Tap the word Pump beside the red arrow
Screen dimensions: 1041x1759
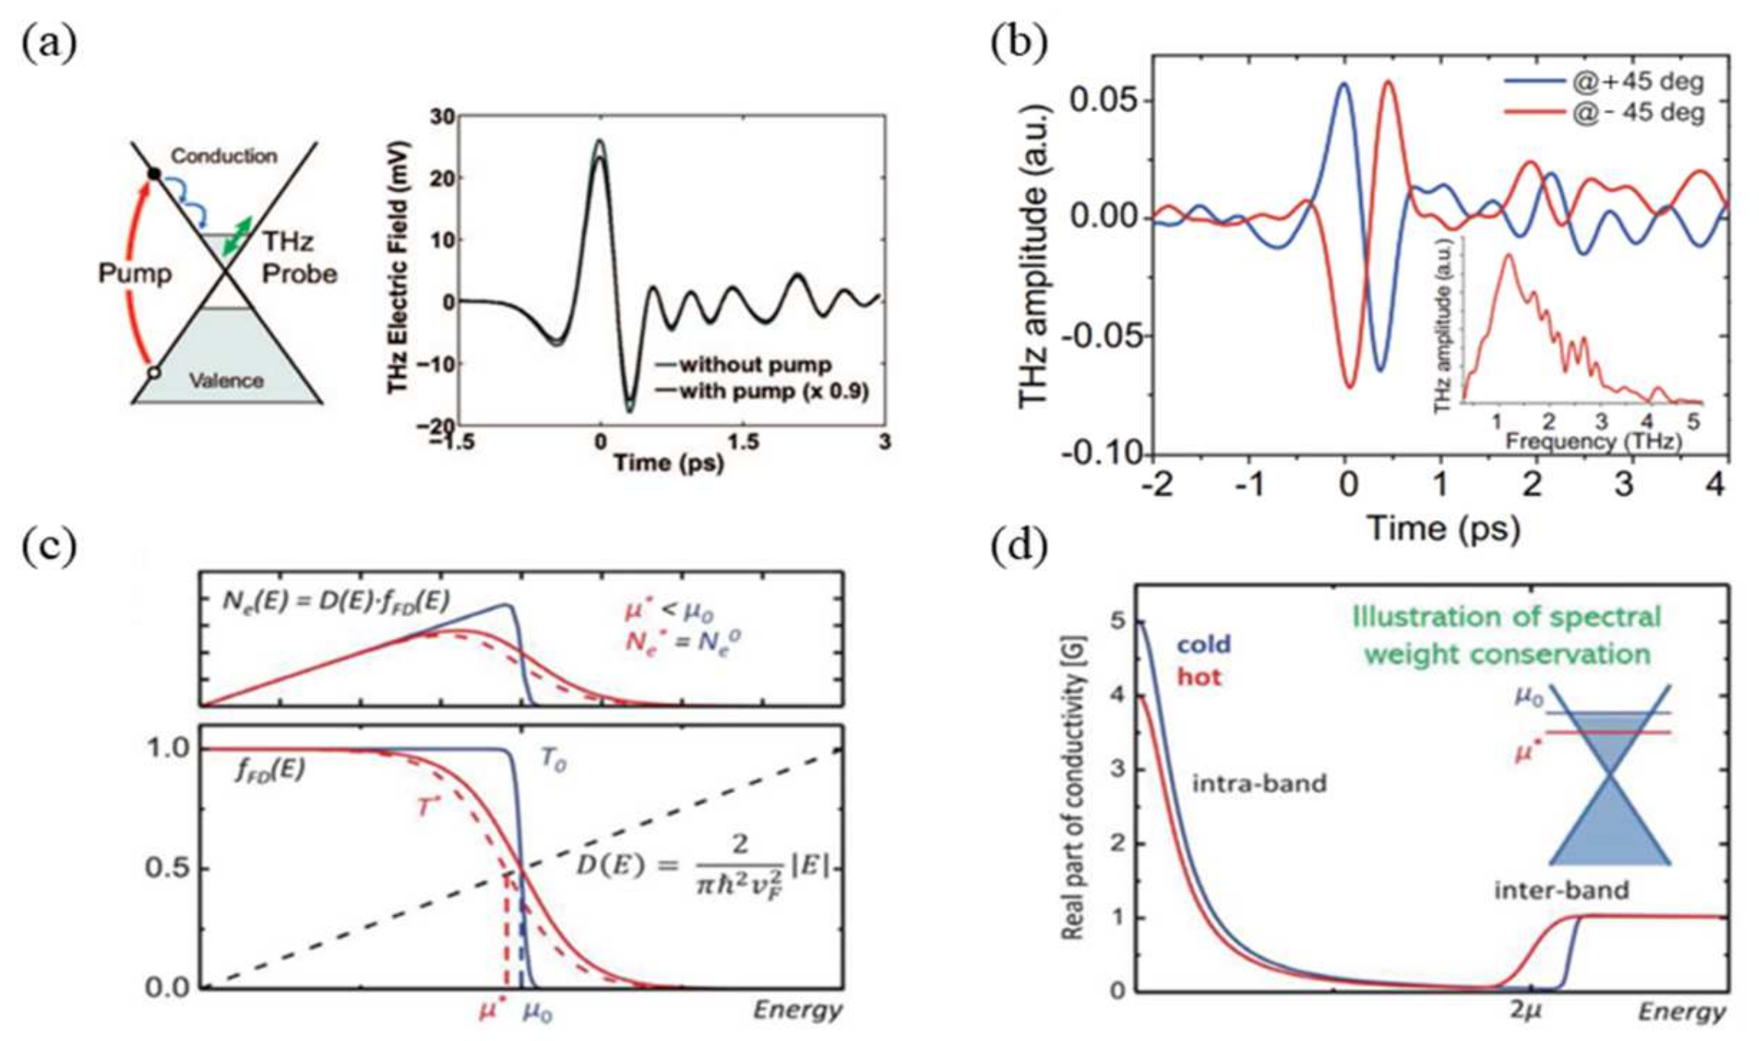(134, 273)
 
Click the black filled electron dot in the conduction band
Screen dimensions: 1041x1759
(155, 174)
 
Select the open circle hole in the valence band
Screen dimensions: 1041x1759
(155, 373)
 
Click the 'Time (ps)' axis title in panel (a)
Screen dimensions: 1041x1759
(669, 463)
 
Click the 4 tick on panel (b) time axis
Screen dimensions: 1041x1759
(1716, 485)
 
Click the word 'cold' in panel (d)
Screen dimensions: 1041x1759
(1203, 644)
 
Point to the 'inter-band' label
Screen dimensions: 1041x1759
(1561, 890)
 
